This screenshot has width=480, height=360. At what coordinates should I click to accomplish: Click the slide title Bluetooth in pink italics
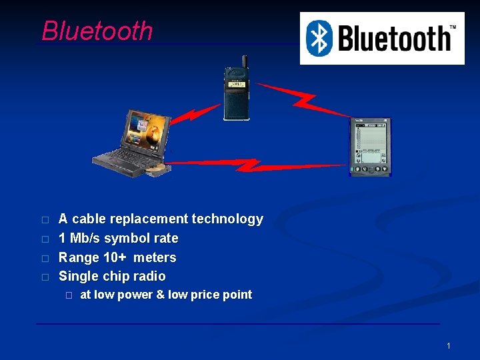click(97, 31)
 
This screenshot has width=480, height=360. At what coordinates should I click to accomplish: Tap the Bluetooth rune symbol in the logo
click(319, 38)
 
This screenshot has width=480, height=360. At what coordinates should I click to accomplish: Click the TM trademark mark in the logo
click(453, 27)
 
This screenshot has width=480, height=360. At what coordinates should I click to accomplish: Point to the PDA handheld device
click(370, 147)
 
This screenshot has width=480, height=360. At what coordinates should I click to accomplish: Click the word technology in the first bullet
click(227, 219)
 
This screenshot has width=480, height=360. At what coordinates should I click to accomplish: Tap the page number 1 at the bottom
click(449, 345)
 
